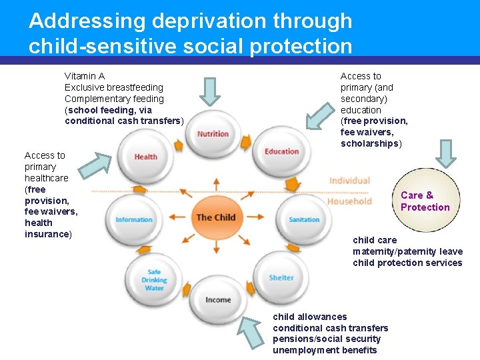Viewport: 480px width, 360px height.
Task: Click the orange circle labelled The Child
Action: coord(215,217)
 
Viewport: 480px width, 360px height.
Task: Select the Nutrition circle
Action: coord(213,133)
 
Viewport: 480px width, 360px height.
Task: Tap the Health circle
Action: coord(145,157)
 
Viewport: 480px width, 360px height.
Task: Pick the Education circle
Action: coord(281,152)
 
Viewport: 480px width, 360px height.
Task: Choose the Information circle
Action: coord(134,219)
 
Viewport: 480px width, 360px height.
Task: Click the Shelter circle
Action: coord(281,277)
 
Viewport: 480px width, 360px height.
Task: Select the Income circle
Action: coord(217,299)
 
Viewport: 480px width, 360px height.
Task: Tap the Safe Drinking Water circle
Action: coord(154,280)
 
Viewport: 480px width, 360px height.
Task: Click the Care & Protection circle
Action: coord(425,201)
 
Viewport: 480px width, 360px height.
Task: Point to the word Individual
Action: coord(349,181)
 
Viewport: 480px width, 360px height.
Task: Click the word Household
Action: coord(349,201)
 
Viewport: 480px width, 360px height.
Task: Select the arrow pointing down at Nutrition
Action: coord(211,91)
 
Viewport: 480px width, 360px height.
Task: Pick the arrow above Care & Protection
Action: coord(446,153)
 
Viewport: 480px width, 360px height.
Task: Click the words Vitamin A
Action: coord(85,76)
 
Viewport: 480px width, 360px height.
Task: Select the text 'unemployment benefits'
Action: coord(325,350)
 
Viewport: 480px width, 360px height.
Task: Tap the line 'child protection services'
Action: coord(407,263)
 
